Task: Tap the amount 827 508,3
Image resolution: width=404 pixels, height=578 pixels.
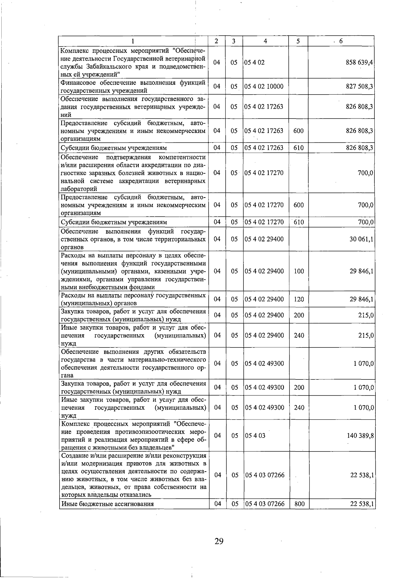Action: coord(360,87)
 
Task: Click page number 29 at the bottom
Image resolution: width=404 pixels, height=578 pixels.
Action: coord(219,541)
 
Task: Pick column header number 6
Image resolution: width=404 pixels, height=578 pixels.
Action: coord(341,41)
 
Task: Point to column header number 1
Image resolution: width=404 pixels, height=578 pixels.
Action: coord(133,41)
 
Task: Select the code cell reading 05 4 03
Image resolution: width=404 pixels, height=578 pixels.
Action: coord(255,436)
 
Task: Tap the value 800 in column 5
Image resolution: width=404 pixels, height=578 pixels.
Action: coord(299,504)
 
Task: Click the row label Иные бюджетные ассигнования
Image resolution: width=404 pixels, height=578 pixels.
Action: coord(107,504)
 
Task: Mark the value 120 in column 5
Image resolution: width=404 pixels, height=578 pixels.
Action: coord(299,299)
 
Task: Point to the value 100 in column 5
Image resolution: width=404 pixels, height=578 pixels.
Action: coord(299,271)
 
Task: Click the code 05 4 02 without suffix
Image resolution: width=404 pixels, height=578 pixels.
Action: coord(255,63)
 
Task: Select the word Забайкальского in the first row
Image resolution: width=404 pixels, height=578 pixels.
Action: coord(107,67)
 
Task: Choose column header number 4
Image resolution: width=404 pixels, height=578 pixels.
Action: coord(266,41)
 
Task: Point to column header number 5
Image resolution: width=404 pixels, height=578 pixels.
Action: coord(298,41)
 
